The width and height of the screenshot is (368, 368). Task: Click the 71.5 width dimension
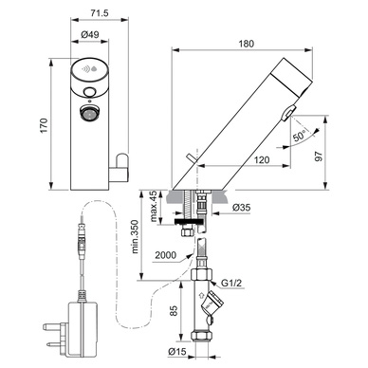coord(100,13)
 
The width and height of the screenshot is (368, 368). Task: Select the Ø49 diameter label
coord(90,34)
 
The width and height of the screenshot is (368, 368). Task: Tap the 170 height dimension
coord(44,125)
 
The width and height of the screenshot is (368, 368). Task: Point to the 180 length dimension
coord(246,44)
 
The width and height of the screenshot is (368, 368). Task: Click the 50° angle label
coord(300,136)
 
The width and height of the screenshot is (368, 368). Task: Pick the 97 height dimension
coord(319,156)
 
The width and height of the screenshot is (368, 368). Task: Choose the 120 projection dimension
coord(262,160)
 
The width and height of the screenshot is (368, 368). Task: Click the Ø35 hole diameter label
coord(241,208)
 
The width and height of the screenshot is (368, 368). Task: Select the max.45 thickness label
coord(153,206)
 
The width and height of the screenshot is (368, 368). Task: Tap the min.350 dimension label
coord(135,237)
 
